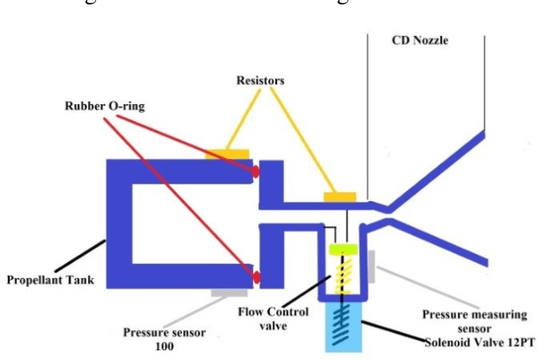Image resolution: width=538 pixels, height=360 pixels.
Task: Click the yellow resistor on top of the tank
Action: coord(227,154)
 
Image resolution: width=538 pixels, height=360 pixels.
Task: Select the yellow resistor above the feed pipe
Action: coord(340,196)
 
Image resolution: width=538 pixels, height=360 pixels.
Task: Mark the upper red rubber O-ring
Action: coord(257,171)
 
